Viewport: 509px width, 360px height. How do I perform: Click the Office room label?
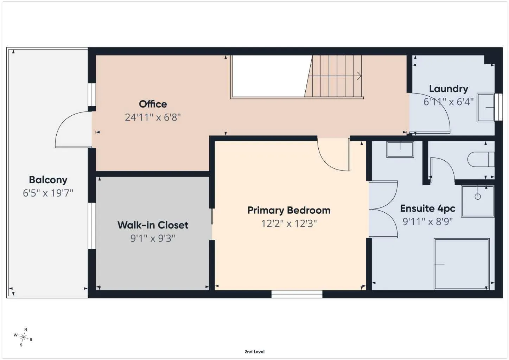153,104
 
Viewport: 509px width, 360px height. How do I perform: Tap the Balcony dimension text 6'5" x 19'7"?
48,193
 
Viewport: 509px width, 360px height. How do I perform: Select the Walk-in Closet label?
153,225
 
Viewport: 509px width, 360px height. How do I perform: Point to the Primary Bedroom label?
289,211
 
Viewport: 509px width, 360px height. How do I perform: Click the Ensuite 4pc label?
428,208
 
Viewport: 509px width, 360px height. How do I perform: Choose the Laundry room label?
448,89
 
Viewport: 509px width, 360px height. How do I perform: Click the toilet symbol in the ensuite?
481,160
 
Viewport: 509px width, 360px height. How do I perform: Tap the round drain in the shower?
478,197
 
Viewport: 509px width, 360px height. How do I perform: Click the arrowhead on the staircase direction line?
359,76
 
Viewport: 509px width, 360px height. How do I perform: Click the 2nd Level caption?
255,352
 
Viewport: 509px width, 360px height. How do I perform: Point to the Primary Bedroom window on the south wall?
297,294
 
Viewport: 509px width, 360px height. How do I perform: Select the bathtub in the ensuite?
462,264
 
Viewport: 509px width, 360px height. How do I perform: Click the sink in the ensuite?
400,149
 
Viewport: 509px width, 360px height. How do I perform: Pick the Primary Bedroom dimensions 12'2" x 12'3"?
289,224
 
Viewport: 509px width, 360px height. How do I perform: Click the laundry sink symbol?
485,108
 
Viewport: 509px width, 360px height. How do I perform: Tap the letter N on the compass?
26,329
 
